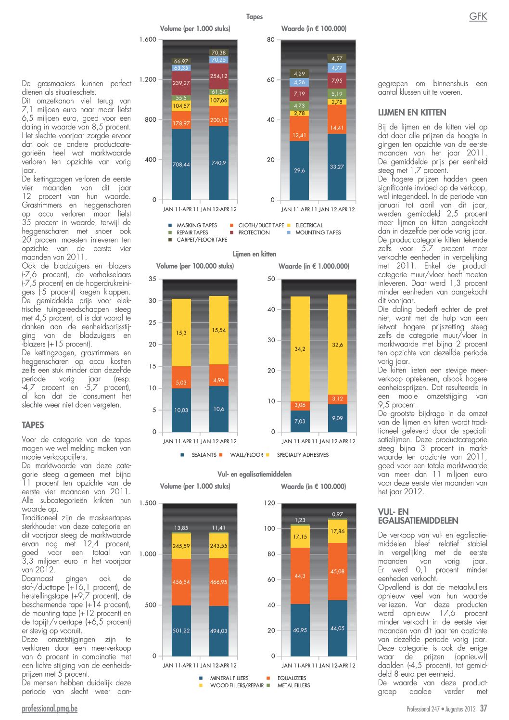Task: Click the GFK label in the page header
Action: pos(478,16)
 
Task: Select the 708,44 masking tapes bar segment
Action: pos(181,164)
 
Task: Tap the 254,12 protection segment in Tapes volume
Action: pos(219,76)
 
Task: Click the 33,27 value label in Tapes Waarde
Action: pos(337,167)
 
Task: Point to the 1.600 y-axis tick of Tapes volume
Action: pos(148,39)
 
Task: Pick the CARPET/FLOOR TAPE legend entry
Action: pos(198,240)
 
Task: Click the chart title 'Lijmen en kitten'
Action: pos(254,254)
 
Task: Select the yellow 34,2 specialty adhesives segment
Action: pos(300,349)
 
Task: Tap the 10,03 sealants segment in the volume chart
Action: pos(181,410)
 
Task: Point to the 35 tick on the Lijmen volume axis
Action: pos(153,279)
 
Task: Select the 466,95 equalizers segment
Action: pos(219,582)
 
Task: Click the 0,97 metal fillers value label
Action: pos(337,514)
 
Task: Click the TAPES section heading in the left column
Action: pos(33,425)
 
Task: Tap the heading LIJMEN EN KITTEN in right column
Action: pos(412,113)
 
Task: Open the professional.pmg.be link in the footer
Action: pos(50,708)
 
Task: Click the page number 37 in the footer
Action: pos(484,708)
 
